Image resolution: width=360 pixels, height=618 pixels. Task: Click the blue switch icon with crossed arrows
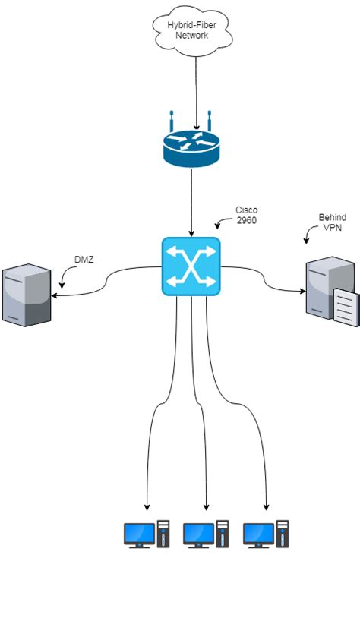191,266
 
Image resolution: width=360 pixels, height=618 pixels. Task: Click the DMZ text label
84,260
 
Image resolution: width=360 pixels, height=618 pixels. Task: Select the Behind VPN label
332,222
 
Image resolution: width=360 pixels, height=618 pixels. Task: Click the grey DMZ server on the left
27,295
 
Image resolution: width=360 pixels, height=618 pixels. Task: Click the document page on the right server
344,307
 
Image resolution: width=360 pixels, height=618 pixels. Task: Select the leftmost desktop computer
146,534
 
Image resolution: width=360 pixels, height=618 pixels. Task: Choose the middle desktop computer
206,534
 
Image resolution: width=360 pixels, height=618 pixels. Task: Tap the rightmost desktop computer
266,534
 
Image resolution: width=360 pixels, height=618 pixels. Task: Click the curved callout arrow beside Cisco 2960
223,223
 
